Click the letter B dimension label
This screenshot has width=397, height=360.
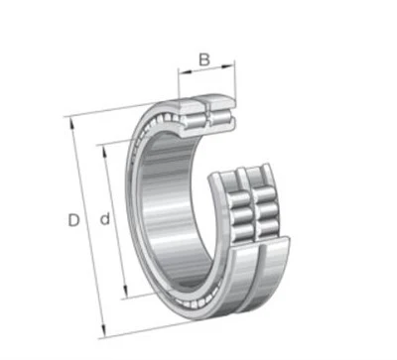pos(204,60)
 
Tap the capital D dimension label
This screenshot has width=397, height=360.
pos(73,220)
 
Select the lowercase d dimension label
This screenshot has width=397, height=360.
pos(105,219)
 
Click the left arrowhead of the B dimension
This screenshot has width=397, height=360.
pos(185,71)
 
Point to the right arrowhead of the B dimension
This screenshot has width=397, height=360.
pos(228,67)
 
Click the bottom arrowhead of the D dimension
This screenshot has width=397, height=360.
pos(103,331)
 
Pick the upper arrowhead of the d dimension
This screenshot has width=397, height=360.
pos(104,153)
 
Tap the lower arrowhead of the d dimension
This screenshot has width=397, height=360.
pos(125,292)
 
